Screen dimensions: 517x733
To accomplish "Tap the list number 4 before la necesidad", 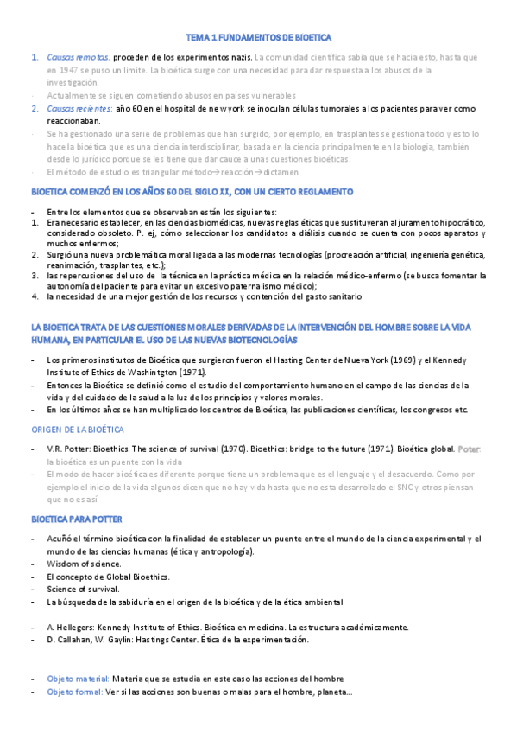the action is point(34,297).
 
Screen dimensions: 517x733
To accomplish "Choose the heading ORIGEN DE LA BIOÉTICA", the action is point(78,430).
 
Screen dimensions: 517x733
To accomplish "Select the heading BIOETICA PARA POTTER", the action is point(77,519).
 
